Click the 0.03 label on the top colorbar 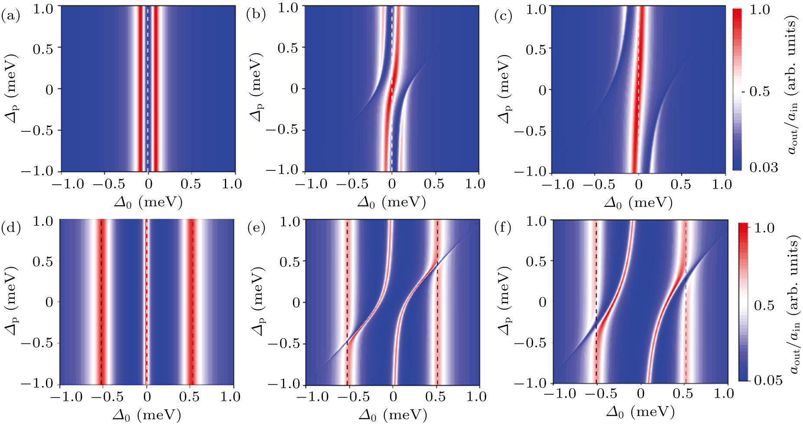[x=764, y=167]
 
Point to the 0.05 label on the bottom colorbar [x=768, y=380]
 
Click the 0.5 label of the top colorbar [x=759, y=91]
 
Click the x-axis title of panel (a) [x=148, y=202]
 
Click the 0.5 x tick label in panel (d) [x=189, y=396]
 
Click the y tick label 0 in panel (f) [x=542, y=301]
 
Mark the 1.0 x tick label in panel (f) [x=722, y=393]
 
